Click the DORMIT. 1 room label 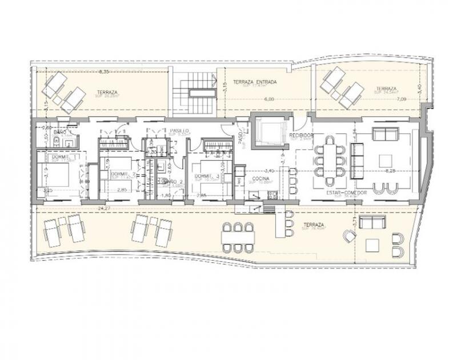pos(63,157)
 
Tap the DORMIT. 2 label pos(122,174)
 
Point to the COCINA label pos(260,179)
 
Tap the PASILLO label pos(181,131)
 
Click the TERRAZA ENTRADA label pos(255,82)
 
